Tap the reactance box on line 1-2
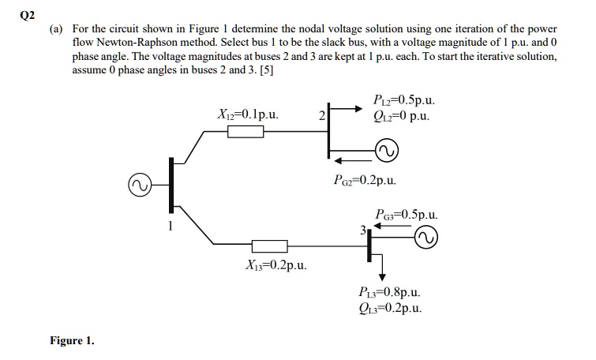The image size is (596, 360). pyautogui.click(x=246, y=132)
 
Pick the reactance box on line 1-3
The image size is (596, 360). pyautogui.click(x=268, y=246)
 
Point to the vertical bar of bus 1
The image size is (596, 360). pyautogui.click(x=171, y=186)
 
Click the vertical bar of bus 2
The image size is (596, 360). pyautogui.click(x=329, y=133)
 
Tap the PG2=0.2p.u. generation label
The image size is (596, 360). pyautogui.click(x=364, y=180)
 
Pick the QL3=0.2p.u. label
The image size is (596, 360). pyautogui.click(x=389, y=309)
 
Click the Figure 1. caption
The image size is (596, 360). pyautogui.click(x=72, y=341)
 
